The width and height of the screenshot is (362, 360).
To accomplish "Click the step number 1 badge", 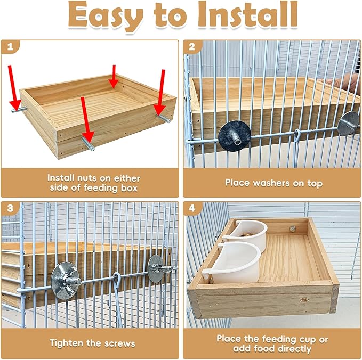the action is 10,47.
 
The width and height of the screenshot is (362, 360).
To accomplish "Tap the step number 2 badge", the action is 192,47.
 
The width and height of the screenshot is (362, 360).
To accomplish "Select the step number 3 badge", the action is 10,208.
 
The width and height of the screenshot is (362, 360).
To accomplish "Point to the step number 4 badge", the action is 192,208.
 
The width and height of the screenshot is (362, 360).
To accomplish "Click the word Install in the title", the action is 247,15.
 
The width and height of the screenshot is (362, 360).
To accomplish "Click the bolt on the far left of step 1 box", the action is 19,109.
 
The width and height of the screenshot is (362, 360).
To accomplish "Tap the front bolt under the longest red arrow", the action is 88,143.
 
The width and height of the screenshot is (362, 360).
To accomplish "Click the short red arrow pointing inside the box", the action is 114,77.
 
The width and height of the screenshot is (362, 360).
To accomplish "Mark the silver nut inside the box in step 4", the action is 293,229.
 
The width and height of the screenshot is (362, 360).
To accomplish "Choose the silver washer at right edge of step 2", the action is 349,124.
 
